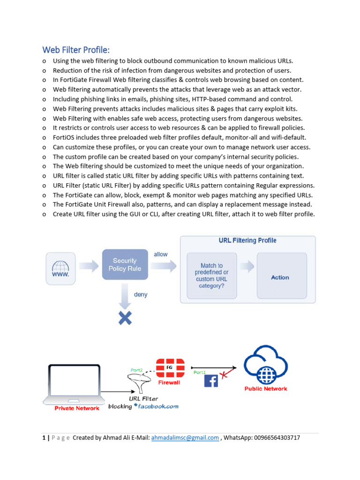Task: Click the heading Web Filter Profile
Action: pos(76,50)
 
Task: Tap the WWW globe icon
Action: pos(60,269)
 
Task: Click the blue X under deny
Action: pos(125,319)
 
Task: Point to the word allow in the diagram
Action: pos(161,254)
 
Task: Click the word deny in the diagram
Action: pos(141,294)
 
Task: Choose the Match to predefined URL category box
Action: pos(211,275)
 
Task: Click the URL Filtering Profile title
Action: pos(247,240)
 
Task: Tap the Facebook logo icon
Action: pos(211,380)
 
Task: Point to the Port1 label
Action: pos(200,372)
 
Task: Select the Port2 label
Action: pos(136,370)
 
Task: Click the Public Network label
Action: pos(266,389)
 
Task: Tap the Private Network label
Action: pos(77,408)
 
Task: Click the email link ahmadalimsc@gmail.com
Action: pos(185,438)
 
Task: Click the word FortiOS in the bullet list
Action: pos(65,138)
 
